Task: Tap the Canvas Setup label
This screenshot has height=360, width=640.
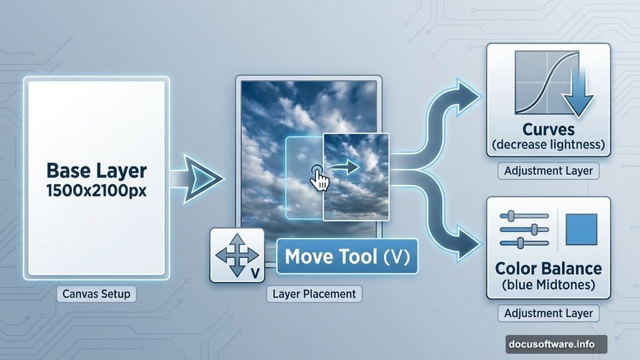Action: tap(96, 294)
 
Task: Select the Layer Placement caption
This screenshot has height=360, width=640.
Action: tap(314, 294)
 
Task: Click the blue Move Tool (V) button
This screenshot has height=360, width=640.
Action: tap(347, 256)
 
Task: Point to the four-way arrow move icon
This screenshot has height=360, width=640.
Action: tap(237, 256)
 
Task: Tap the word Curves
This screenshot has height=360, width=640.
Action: tap(548, 129)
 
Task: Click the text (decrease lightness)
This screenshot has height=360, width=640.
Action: tap(548, 144)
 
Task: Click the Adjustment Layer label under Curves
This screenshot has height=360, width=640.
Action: tap(548, 171)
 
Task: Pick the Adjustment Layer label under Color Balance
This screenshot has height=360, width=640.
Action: tap(548, 313)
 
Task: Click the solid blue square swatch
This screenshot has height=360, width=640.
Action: tap(581, 229)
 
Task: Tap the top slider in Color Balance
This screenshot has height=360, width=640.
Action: tap(524, 216)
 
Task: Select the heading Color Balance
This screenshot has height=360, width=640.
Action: tap(548, 269)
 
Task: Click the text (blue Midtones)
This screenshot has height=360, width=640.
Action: tap(548, 284)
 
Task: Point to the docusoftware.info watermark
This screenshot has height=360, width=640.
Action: tap(556, 344)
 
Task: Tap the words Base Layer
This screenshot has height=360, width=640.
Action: tap(96, 171)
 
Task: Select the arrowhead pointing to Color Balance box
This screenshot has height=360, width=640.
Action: tap(467, 244)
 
